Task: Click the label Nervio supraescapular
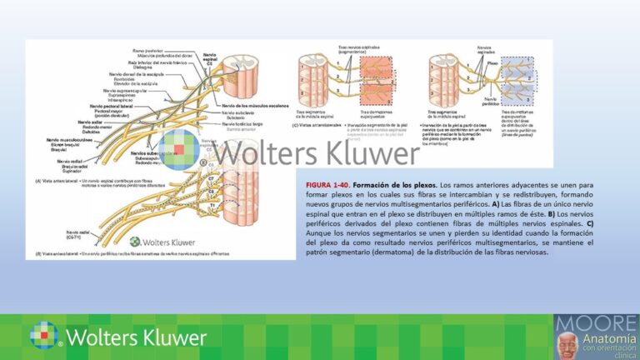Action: pyautogui.click(x=126, y=90)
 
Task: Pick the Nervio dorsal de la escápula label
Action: pyautogui.click(x=128, y=76)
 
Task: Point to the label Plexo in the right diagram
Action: pyautogui.click(x=492, y=62)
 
